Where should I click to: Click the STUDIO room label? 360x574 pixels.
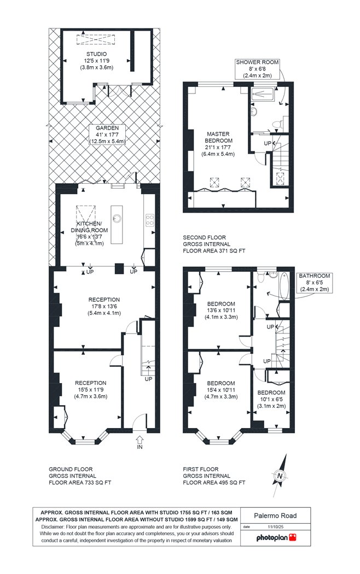97,54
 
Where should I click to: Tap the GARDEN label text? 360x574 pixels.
107,128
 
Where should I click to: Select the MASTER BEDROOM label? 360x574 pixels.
218,137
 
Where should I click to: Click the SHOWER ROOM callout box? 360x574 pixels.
257,69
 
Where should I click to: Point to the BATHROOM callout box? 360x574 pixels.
314,283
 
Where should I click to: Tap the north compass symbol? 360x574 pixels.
280,476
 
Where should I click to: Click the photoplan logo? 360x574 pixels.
276,537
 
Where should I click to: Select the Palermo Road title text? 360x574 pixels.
275,516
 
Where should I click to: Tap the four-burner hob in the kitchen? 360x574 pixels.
150,220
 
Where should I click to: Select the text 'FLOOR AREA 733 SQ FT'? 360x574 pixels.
80,483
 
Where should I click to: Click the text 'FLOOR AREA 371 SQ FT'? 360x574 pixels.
214,251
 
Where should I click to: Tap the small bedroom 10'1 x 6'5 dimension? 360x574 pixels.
271,400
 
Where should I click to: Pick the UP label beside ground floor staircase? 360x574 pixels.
148,379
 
